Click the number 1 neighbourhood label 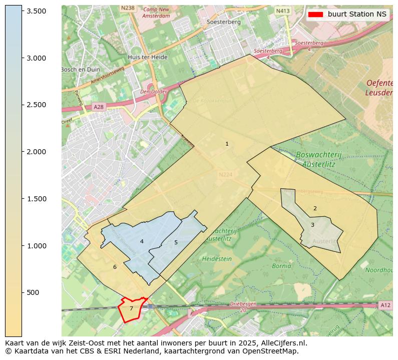tap(227, 144)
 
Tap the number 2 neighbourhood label tap(315, 208)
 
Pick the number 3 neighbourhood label tap(312, 225)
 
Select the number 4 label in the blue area tap(142, 241)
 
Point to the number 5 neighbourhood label tap(176, 242)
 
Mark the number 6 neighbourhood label tap(115, 267)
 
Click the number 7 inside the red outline tap(131, 308)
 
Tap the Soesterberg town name tap(224, 22)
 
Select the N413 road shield tap(283, 10)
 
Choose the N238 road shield tap(128, 8)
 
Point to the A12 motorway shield tap(384, 305)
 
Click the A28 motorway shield tap(98, 107)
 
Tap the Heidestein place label tap(217, 259)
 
